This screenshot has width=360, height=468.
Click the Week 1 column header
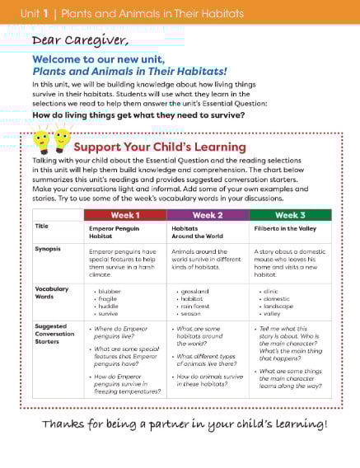[125, 215]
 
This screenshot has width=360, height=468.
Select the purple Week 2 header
[208, 215]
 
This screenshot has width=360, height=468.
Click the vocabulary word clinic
[271, 291]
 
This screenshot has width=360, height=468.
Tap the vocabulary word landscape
[277, 306]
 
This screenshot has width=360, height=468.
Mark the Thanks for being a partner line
[184, 424]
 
